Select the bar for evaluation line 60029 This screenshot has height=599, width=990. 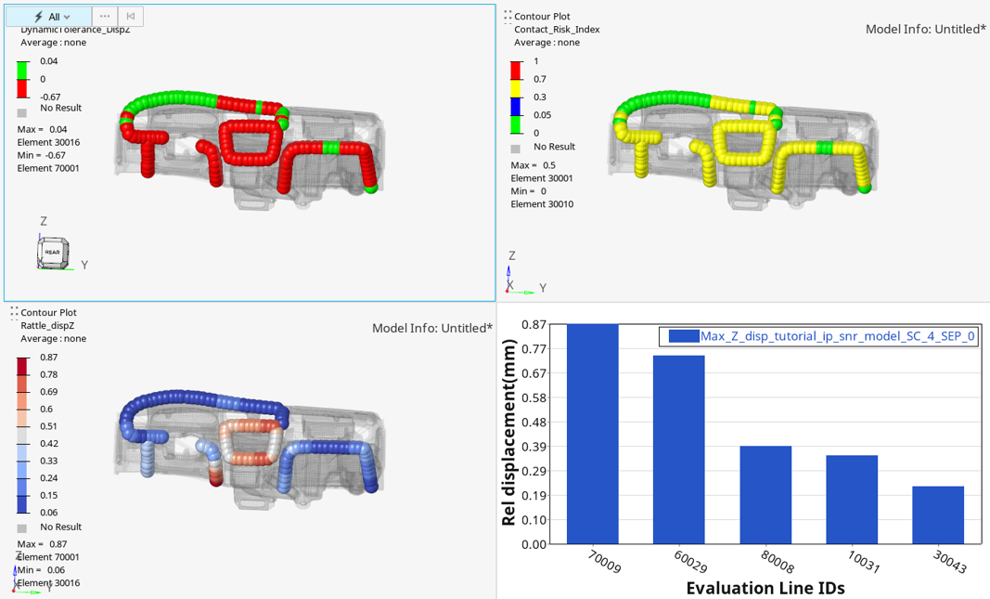(678, 449)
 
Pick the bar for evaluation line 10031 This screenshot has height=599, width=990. (852, 500)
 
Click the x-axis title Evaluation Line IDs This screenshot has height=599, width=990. (765, 588)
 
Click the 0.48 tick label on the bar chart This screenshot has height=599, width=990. (534, 423)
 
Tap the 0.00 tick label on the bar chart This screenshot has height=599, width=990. (534, 544)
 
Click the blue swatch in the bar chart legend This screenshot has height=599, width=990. (683, 336)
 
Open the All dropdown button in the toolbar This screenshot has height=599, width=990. (52, 17)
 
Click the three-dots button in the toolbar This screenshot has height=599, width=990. (105, 17)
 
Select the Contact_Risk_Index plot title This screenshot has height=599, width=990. (557, 30)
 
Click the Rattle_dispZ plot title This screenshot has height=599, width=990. (53, 326)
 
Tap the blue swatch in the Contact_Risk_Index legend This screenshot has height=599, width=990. (516, 106)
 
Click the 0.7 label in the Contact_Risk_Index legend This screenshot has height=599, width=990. (540, 80)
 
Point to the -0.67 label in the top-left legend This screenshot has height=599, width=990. (50, 98)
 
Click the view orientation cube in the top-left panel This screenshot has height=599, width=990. (52, 252)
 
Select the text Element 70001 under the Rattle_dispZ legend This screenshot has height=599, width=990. (48, 557)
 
